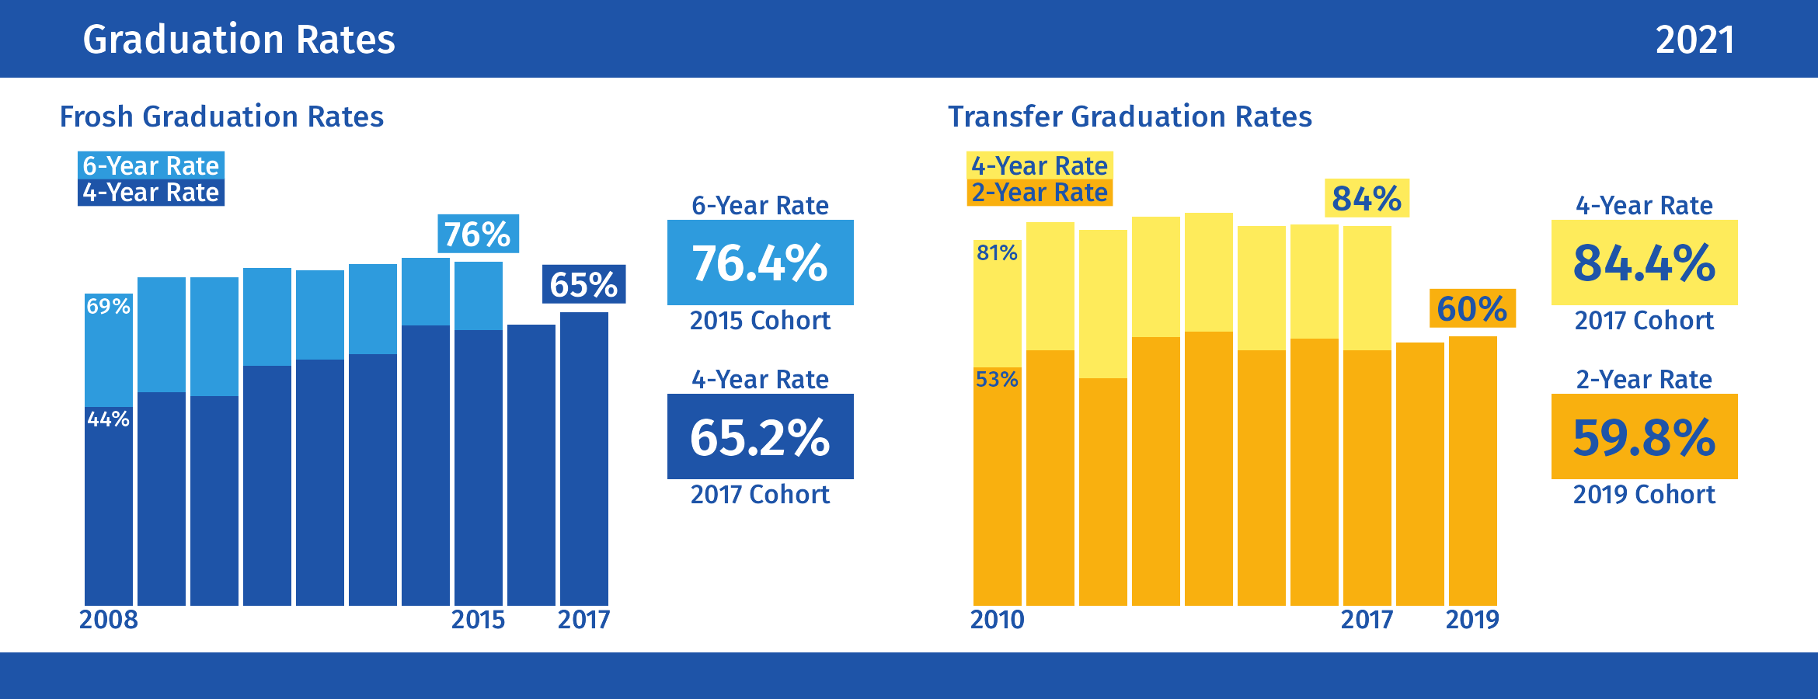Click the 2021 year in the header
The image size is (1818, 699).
click(1694, 40)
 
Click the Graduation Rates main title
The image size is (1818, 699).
click(239, 40)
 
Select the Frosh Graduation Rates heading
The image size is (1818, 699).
click(221, 116)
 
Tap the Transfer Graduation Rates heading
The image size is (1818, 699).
click(1130, 116)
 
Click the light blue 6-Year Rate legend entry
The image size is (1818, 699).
click(151, 165)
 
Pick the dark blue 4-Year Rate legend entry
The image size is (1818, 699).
click(151, 193)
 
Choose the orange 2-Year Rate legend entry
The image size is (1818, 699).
click(1040, 193)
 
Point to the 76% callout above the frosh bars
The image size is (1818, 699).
click(478, 234)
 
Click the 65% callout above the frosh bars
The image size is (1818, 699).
click(583, 284)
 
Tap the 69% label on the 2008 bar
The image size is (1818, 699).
click(108, 306)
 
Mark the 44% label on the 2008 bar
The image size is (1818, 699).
click(108, 419)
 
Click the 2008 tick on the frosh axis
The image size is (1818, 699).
click(108, 620)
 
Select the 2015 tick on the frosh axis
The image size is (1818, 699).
click(478, 620)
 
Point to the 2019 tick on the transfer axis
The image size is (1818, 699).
click(1472, 620)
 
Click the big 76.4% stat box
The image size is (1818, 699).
click(760, 263)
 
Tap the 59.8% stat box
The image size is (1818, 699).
click(1644, 436)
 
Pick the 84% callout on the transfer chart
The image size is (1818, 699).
click(1367, 199)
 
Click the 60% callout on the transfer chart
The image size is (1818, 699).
click(1472, 308)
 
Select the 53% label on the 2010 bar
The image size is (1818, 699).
click(997, 379)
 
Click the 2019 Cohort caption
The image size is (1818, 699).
click(1644, 495)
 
